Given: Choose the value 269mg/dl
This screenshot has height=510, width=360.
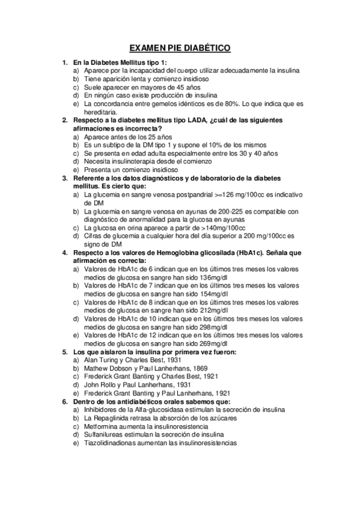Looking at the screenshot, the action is pos(210,343).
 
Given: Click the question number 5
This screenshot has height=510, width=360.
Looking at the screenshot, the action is pos(65,351).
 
